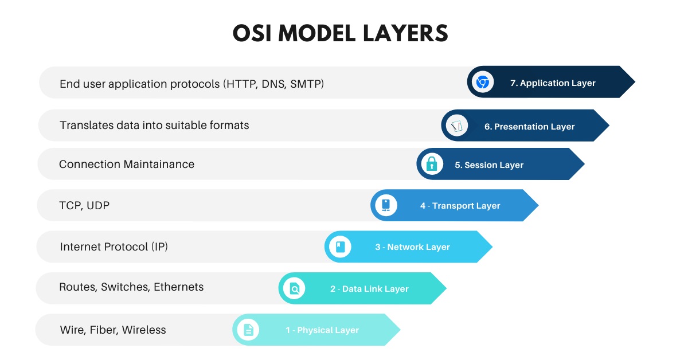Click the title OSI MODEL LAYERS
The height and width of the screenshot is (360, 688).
(x=340, y=34)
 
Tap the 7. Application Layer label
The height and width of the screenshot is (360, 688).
(x=553, y=83)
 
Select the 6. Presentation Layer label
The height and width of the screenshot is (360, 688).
(x=529, y=126)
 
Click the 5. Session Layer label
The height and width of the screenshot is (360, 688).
(x=489, y=165)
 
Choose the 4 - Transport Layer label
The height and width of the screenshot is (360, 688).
(x=460, y=206)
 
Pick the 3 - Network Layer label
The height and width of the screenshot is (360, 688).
(x=412, y=247)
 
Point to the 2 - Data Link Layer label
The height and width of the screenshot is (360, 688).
(x=369, y=289)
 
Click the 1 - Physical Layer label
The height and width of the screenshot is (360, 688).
(x=322, y=330)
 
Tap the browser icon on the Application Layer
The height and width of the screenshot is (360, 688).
(x=483, y=83)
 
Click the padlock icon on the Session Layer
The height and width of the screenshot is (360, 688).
(x=432, y=165)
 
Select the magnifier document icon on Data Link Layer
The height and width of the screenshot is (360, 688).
(x=294, y=288)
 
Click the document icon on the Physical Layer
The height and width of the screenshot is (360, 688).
(x=248, y=330)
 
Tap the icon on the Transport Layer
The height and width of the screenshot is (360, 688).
(x=386, y=205)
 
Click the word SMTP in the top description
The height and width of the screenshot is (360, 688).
(x=307, y=84)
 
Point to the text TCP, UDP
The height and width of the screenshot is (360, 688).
(x=84, y=205)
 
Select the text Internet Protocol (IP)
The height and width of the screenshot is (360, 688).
(x=114, y=247)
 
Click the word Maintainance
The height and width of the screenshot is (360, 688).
(x=159, y=165)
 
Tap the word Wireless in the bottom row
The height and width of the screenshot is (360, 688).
(x=144, y=330)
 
